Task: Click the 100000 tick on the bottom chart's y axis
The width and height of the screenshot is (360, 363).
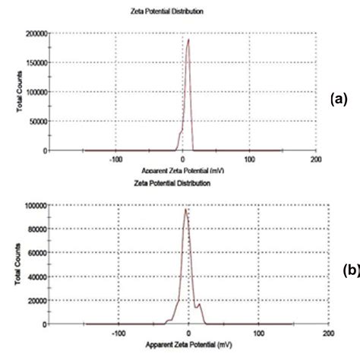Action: [x=33, y=204]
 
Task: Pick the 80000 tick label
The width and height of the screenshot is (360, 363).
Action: [x=36, y=228]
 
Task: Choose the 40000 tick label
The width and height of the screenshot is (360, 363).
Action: [x=36, y=276]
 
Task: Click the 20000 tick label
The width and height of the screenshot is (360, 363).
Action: [x=36, y=299]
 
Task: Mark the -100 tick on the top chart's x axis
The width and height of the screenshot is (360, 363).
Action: [x=115, y=159]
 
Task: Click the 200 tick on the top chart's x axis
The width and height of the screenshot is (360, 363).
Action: [x=316, y=159]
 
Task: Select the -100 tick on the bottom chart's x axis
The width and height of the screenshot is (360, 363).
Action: [x=118, y=333]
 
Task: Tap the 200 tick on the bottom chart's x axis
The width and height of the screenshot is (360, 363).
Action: [x=327, y=333]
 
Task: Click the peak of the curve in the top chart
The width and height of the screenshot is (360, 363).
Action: [x=188, y=39]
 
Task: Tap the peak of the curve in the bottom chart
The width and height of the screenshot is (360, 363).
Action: [x=185, y=209]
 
